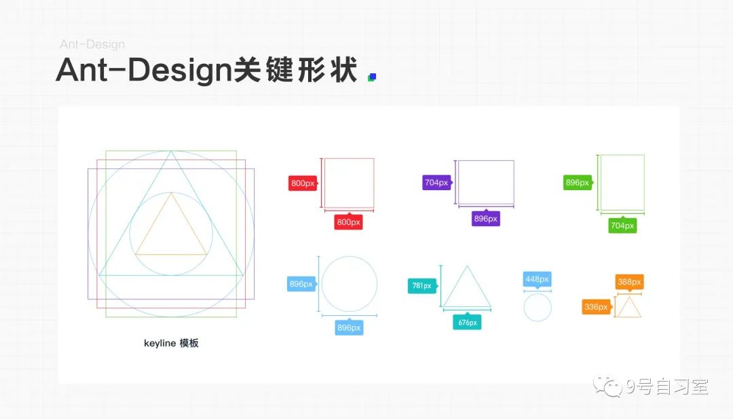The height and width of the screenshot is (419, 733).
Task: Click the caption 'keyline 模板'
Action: (x=171, y=344)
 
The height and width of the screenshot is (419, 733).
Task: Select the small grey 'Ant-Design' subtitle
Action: (x=92, y=45)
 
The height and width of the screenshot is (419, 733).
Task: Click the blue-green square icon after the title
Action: (x=371, y=77)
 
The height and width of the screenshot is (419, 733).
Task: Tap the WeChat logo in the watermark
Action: (x=609, y=387)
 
